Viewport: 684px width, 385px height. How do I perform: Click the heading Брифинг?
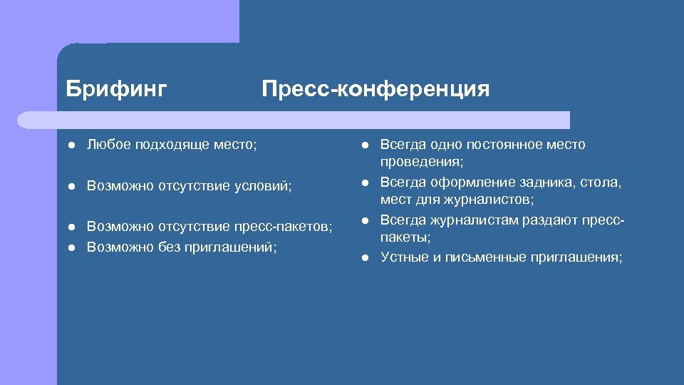[116, 89]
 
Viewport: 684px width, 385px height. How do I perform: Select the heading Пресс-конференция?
[375, 89]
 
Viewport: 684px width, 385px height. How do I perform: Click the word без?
[168, 247]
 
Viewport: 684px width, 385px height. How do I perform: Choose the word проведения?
[422, 162]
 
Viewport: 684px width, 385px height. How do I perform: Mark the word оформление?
[468, 183]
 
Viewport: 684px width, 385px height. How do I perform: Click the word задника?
[545, 183]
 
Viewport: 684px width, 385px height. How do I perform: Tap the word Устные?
[404, 257]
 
